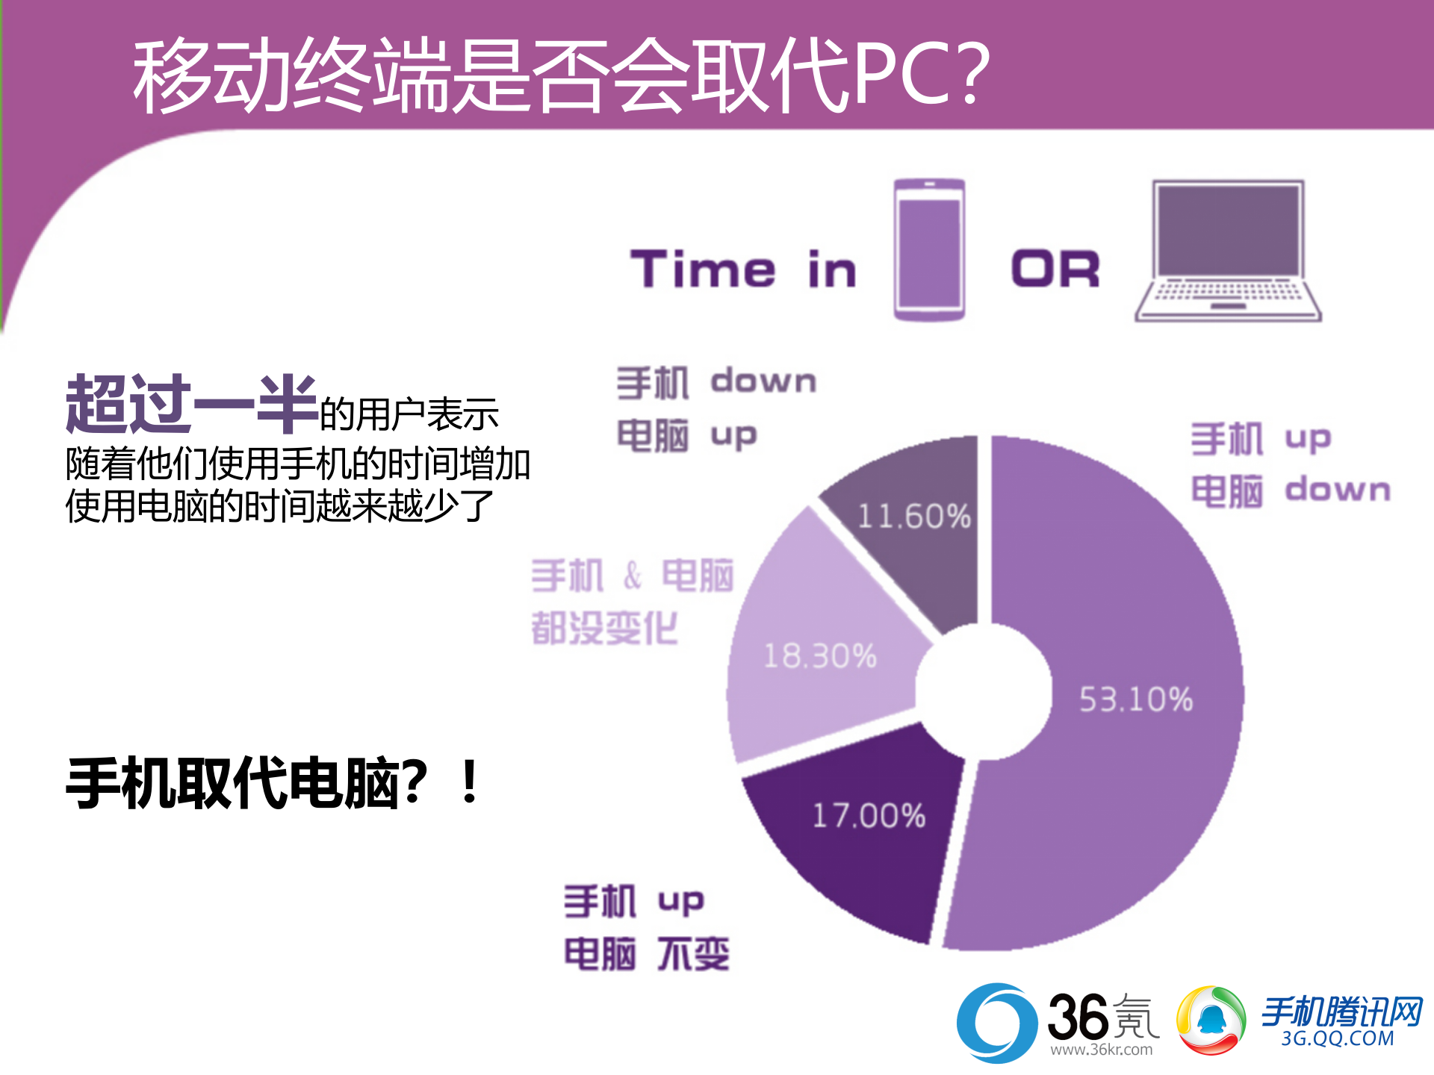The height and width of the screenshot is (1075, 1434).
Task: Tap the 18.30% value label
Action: [x=820, y=656]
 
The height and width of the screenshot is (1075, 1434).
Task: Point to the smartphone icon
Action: [x=929, y=250]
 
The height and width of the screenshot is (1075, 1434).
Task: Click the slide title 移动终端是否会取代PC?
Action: [x=560, y=75]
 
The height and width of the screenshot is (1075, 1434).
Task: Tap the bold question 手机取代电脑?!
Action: [x=273, y=783]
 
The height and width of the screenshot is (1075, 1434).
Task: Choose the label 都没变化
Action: [x=604, y=628]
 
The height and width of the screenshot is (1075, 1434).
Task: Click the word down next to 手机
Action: [x=763, y=381]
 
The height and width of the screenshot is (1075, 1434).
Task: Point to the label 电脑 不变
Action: [x=646, y=953]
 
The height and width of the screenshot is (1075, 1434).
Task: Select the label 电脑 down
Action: [x=1291, y=490]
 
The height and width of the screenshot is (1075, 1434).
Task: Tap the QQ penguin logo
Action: [x=1211, y=1021]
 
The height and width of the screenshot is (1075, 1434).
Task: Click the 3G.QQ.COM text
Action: [x=1338, y=1038]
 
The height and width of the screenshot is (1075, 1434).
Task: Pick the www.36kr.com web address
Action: [x=1101, y=1050]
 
